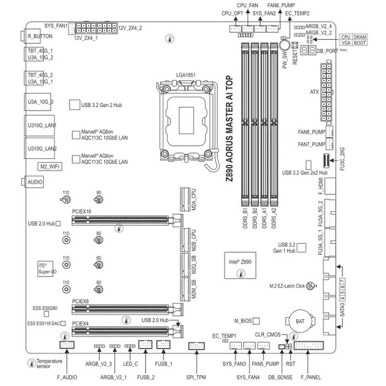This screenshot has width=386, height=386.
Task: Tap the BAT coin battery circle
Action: [300, 320]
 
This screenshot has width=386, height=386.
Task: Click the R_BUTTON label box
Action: [39, 37]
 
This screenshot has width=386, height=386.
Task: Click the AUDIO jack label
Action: [37, 182]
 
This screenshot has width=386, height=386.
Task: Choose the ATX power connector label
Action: [315, 92]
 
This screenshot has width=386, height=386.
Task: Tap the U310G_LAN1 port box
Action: [41, 125]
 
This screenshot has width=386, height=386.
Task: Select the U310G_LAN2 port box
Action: [41, 149]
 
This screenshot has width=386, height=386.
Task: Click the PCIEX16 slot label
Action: [82, 210]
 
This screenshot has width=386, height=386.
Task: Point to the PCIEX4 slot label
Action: [81, 324]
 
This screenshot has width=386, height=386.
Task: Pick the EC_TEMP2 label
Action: [297, 12]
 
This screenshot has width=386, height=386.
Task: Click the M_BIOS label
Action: [243, 320]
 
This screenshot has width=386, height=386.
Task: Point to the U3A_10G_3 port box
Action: [41, 102]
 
